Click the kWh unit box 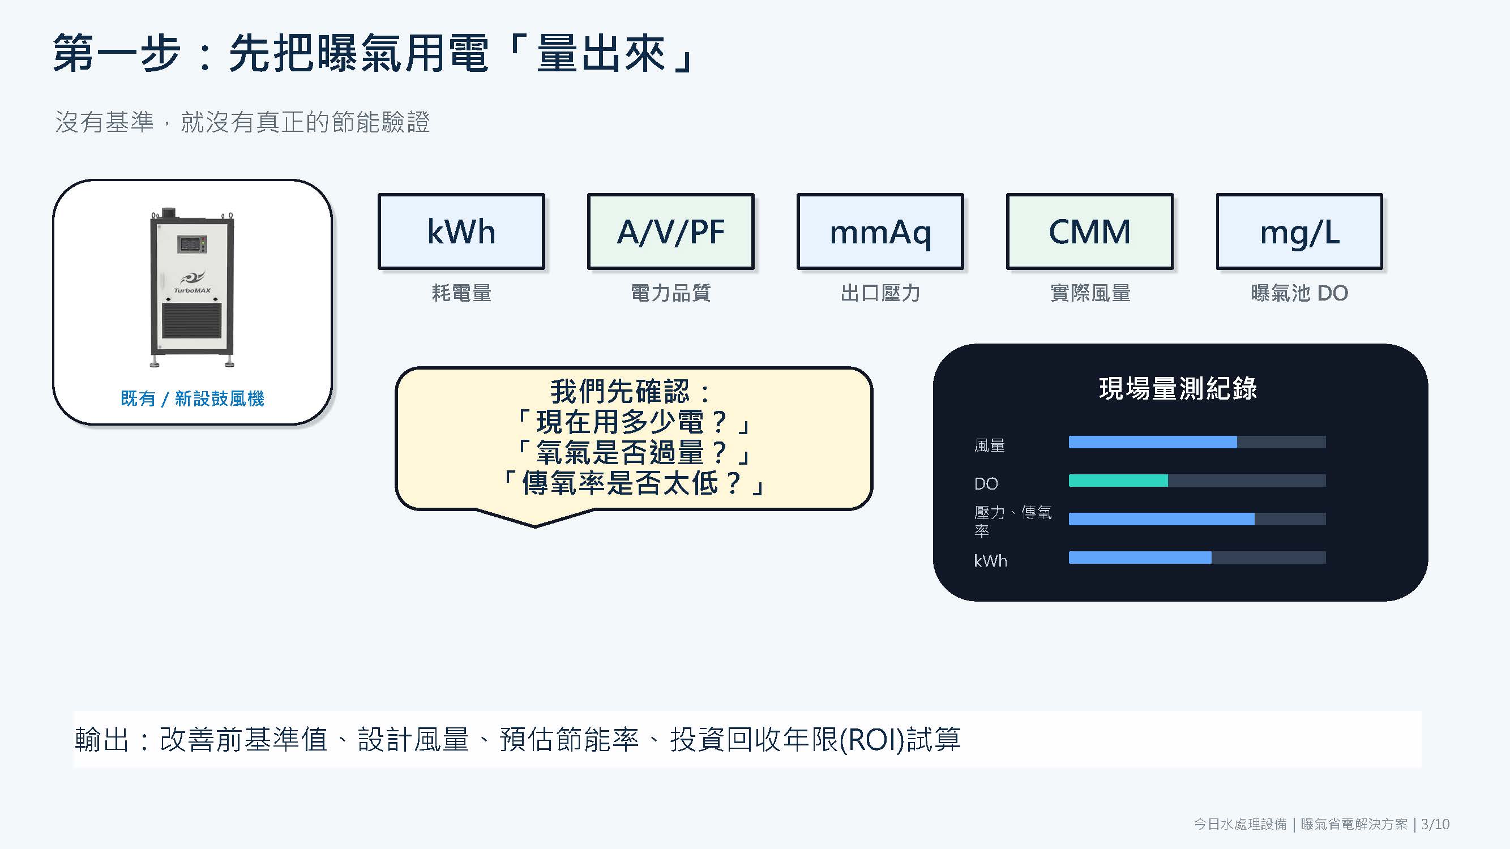461,231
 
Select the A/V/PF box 670,231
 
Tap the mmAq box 880,231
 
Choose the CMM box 1090,231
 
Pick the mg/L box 1299,231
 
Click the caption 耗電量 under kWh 461,293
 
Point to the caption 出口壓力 880,293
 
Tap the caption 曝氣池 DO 1299,293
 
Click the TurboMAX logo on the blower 192,282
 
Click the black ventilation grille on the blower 192,320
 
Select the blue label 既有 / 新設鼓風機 193,398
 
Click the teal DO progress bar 1118,481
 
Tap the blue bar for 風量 1152,442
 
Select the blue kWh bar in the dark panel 1140,557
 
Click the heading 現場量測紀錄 1178,388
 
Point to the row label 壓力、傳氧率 1012,521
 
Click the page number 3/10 1435,824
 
